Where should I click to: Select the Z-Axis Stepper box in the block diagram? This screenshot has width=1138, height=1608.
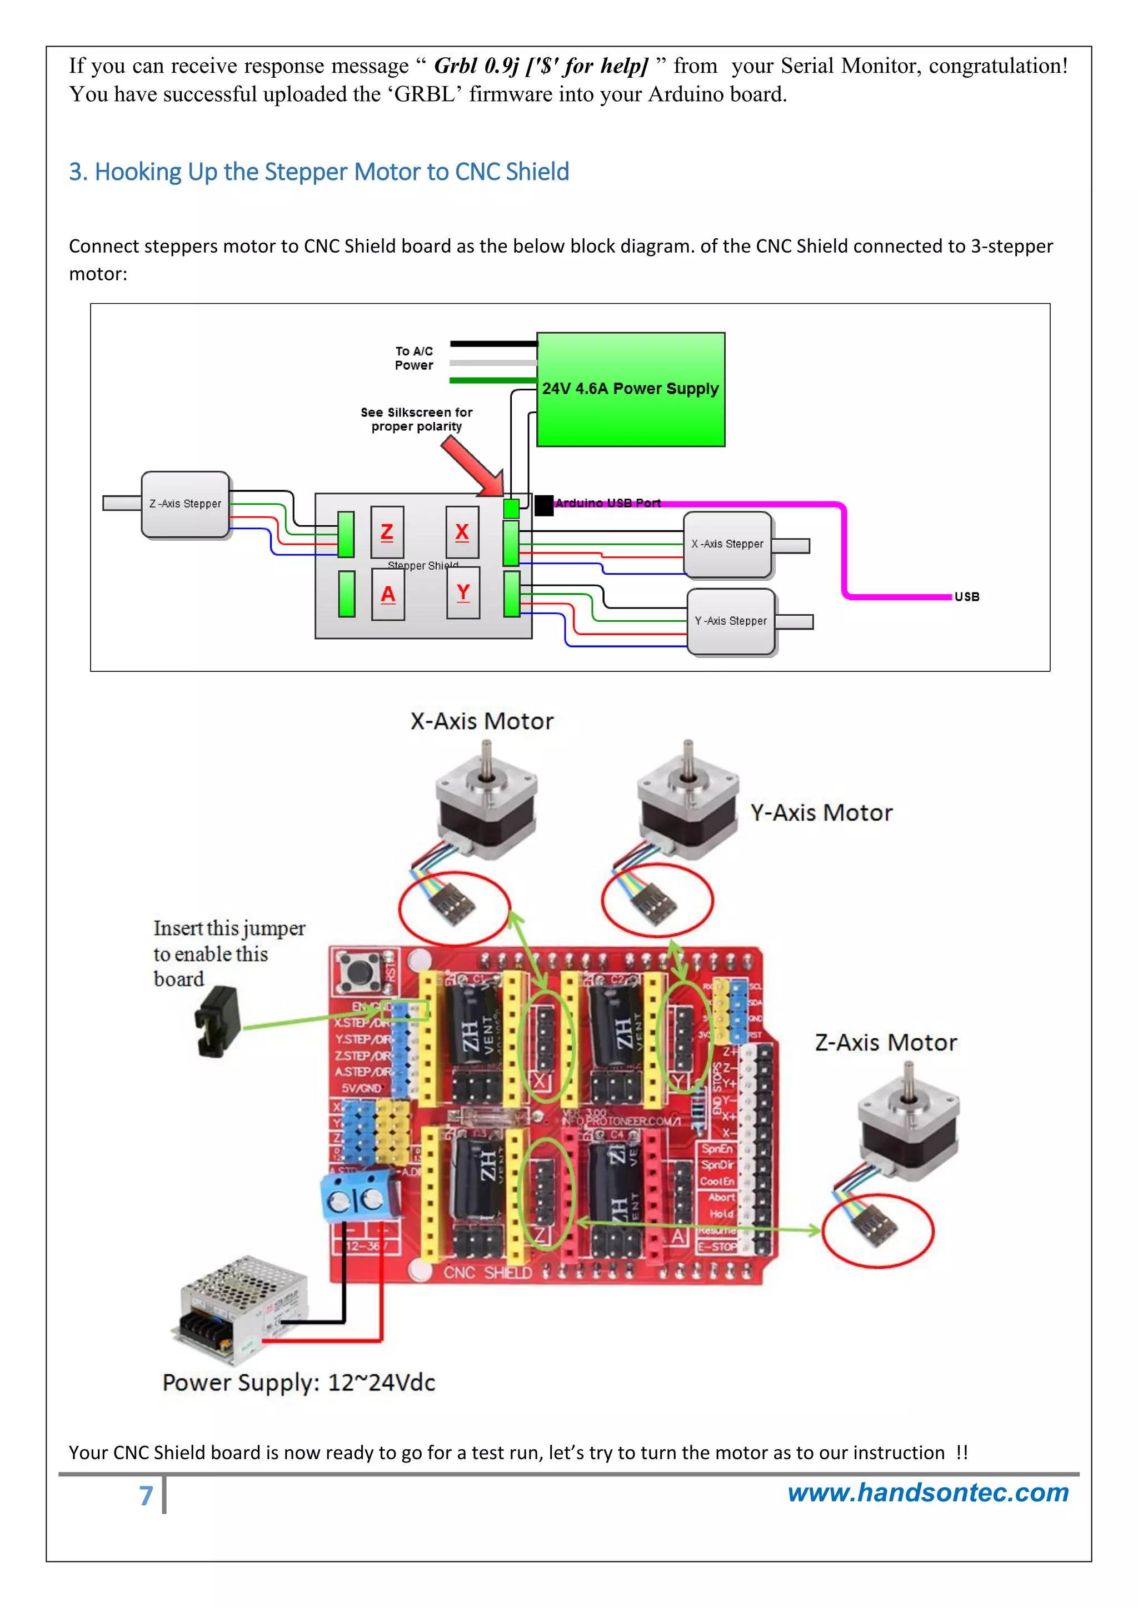click(185, 504)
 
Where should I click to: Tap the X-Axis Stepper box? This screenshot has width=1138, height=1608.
click(727, 544)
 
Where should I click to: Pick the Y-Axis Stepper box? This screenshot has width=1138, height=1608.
click(731, 621)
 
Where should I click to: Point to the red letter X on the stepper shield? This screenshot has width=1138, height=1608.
click(462, 532)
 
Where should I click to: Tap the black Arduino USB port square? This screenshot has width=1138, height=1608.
click(544, 505)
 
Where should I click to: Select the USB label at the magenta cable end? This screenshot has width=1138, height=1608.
click(966, 597)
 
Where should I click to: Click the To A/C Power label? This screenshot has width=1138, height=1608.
click(414, 358)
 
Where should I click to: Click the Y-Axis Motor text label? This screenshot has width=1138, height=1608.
click(821, 812)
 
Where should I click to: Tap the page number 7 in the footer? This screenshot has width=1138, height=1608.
click(146, 1496)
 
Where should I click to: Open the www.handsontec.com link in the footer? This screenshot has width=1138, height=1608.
click(928, 1493)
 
